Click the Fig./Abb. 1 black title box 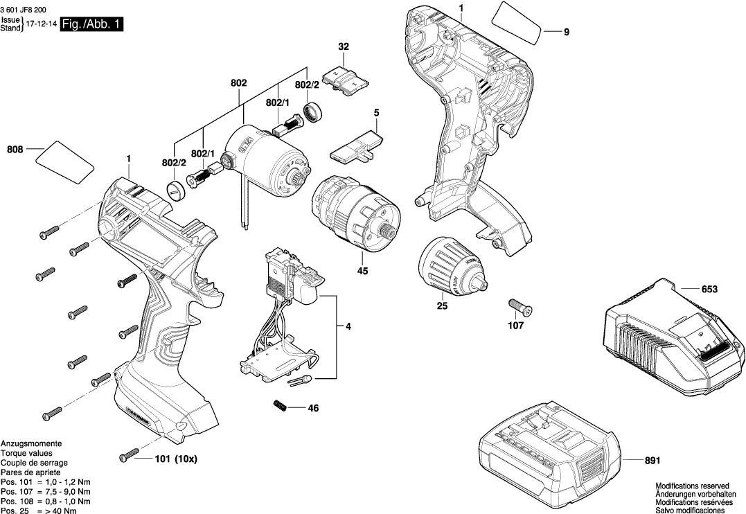pos(93,24)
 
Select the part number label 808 pos(15,149)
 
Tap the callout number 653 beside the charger pos(709,289)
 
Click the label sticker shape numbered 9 pos(517,24)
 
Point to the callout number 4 pos(348,326)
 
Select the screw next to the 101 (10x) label pos(129,457)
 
